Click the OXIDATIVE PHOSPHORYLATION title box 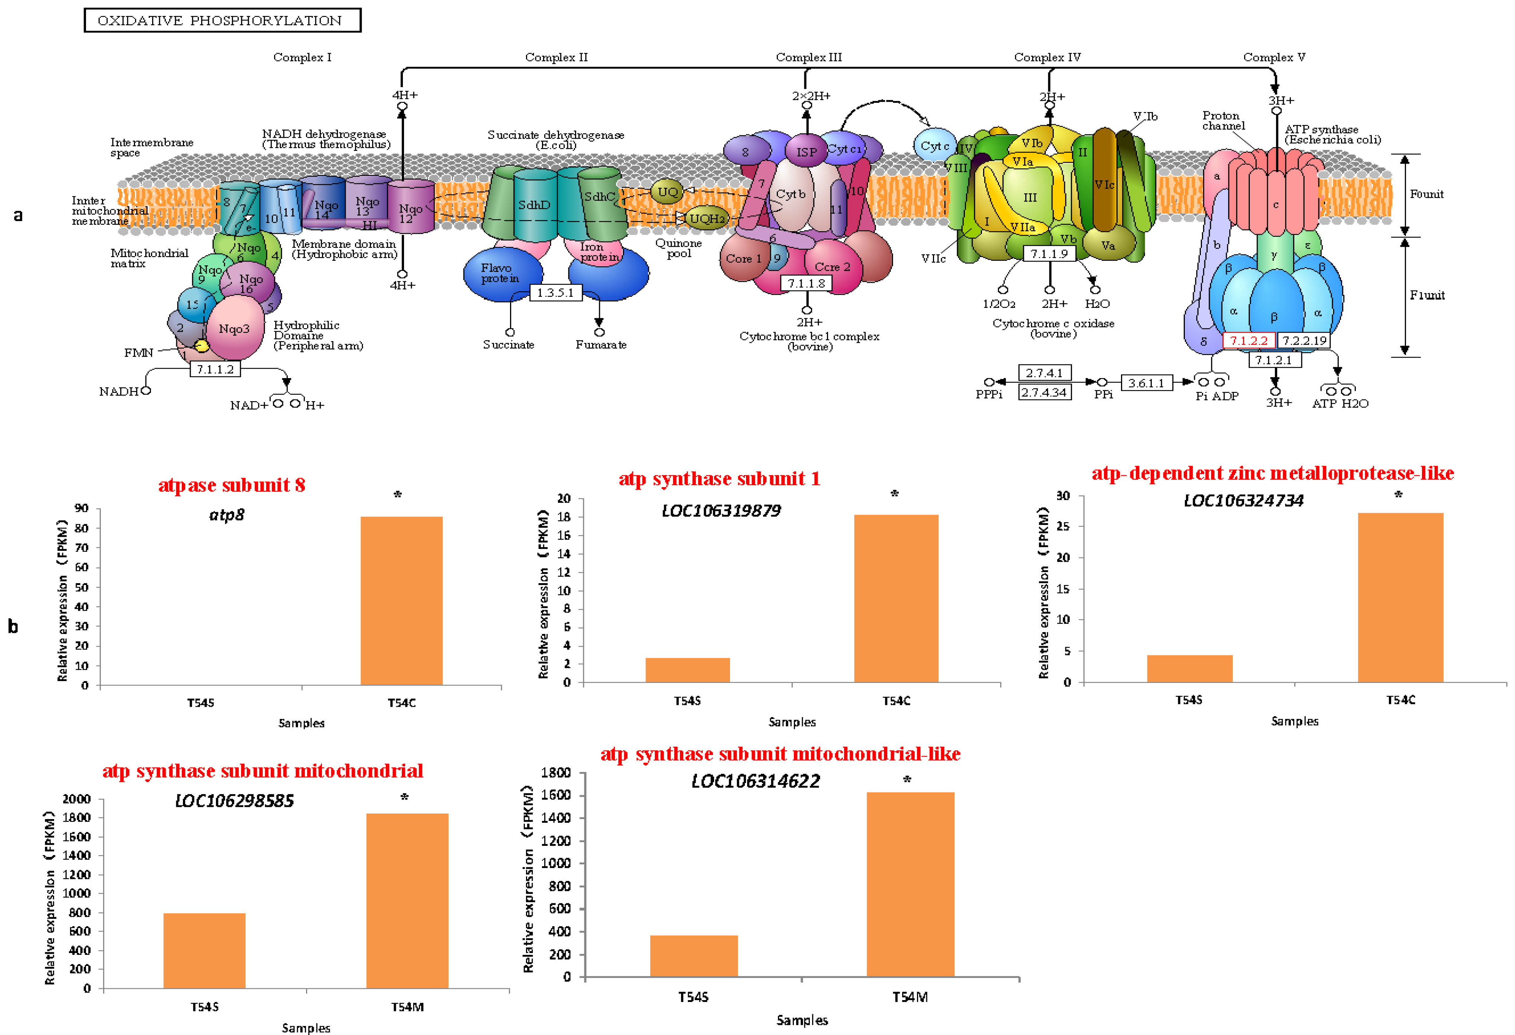222,20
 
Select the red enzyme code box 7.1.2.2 1248,340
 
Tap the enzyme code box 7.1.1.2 215,369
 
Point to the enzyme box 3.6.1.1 1146,382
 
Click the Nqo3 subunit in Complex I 234,328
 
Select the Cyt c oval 934,146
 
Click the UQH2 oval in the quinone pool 707,218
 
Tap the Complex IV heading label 1047,57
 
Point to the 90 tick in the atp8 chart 82,508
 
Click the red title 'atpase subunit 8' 231,485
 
